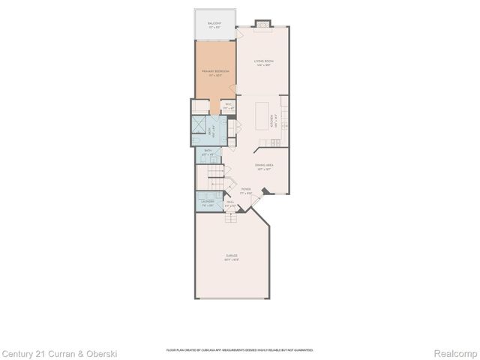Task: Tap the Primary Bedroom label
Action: pyautogui.click(x=214, y=72)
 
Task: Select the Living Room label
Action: pyautogui.click(x=262, y=62)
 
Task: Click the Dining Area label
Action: pyautogui.click(x=262, y=166)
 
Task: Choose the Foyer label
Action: pyautogui.click(x=244, y=192)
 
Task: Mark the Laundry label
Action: pyautogui.click(x=208, y=202)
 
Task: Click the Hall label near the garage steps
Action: pyautogui.click(x=230, y=204)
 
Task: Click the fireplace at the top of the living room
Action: pyautogui.click(x=262, y=24)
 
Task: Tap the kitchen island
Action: pyautogui.click(x=262, y=117)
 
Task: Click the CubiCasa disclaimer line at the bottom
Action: pyautogui.click(x=239, y=350)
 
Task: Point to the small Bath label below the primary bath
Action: pyautogui.click(x=209, y=153)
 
